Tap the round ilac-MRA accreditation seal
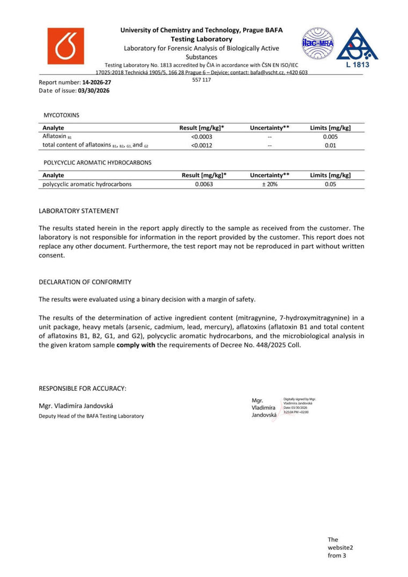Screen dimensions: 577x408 [318, 43]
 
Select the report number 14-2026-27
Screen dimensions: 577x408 [97, 83]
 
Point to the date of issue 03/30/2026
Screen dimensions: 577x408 [93, 91]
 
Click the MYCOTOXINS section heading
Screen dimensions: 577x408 [61, 115]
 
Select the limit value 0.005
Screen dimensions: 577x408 [330, 136]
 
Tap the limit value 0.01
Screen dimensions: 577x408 [330, 145]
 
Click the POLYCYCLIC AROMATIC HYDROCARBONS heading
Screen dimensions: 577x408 [97, 162]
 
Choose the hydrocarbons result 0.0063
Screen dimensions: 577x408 [204, 184]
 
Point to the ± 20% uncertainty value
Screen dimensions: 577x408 [269, 184]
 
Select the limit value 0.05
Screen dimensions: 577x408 [330, 184]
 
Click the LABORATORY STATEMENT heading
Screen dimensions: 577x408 [78, 211]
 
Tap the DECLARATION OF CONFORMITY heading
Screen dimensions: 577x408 [85, 282]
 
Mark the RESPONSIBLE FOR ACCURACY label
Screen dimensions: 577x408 [82, 388]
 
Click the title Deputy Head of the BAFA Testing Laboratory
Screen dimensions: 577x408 [91, 416]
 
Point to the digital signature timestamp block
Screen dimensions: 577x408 [299, 406]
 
